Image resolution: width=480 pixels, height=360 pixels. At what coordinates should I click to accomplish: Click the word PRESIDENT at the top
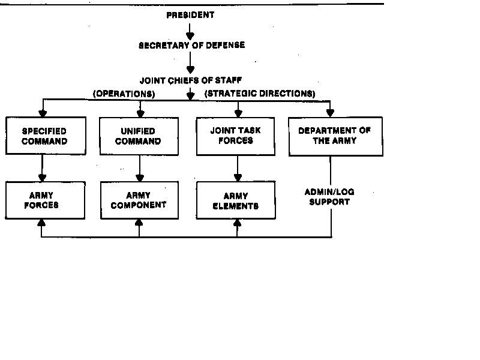(x=190, y=15)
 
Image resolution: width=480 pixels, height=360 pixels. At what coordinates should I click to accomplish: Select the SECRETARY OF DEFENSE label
(x=191, y=45)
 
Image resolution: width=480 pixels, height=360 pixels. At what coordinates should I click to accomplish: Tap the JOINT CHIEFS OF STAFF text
(x=191, y=79)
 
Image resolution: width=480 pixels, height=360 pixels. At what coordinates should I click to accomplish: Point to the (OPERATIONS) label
(x=124, y=94)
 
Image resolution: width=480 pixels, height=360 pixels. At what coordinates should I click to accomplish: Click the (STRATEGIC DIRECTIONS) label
(x=259, y=94)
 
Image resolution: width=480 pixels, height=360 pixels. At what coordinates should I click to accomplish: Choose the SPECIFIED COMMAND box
(x=44, y=136)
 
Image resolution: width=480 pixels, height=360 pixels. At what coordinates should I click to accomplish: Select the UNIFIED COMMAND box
(x=139, y=136)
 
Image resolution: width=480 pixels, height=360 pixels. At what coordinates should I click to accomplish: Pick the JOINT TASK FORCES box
(x=236, y=136)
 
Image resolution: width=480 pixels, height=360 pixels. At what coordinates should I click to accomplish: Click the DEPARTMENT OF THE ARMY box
(x=335, y=136)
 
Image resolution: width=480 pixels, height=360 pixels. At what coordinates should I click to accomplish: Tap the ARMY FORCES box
(x=41, y=200)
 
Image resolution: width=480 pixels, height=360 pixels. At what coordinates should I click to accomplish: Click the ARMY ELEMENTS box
(x=236, y=200)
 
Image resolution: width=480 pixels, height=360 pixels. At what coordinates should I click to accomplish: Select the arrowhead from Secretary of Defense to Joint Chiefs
(x=190, y=70)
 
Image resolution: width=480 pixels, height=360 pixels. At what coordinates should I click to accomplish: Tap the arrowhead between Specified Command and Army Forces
(x=42, y=177)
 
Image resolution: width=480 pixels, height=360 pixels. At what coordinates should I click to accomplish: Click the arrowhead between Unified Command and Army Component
(x=140, y=177)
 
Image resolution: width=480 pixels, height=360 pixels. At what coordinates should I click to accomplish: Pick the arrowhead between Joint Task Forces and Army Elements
(x=238, y=177)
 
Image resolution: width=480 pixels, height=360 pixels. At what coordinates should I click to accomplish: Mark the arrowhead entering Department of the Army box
(x=330, y=112)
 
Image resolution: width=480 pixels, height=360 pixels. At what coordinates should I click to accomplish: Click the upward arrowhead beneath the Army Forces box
(x=41, y=223)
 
